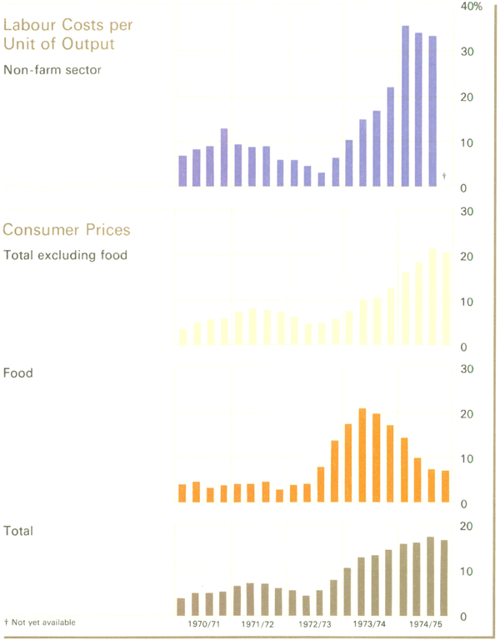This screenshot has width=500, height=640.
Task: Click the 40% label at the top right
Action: pos(472,7)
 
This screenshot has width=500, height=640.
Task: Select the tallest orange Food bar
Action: pos(362,455)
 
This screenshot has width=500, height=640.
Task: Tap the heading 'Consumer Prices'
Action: pos(67,229)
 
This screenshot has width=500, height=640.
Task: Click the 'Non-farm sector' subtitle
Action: pos(52,70)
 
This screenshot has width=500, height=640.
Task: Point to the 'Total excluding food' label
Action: pos(66,255)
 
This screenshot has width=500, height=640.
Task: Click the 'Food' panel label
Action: pos(19,373)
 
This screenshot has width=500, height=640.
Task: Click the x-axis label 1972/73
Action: pos(315,623)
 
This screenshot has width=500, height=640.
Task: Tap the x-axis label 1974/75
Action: pos(425,623)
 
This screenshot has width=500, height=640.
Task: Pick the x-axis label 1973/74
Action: pos(370,623)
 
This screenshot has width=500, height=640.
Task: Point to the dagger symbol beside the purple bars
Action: pos(444,175)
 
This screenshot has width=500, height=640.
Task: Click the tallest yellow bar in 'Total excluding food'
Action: pos(432,296)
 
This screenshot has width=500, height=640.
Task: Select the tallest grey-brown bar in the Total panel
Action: pos(431,576)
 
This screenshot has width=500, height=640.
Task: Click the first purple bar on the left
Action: pos(182,171)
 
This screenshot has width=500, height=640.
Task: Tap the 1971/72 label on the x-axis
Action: pos(258,623)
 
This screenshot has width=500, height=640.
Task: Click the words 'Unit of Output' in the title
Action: pos(58,43)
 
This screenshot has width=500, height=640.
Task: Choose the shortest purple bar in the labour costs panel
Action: pos(322,179)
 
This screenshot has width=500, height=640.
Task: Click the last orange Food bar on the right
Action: pos(445,487)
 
